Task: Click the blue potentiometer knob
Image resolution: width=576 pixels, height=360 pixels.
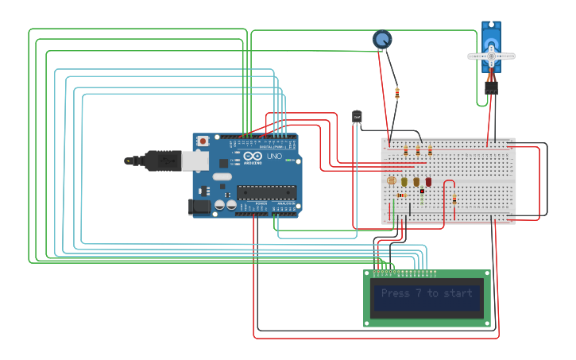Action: (x=382, y=39)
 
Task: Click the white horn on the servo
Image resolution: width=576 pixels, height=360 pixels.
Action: (x=491, y=56)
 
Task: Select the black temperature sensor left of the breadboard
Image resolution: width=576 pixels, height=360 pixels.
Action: (x=357, y=117)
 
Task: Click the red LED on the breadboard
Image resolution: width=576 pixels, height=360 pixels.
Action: (x=428, y=182)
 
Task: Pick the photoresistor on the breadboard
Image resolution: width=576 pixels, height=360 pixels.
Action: (x=391, y=180)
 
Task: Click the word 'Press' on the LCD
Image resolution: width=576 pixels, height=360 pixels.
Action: (x=396, y=293)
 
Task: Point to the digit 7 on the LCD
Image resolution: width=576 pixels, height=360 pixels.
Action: (x=418, y=293)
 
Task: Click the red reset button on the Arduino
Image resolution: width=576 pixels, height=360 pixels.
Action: (x=203, y=141)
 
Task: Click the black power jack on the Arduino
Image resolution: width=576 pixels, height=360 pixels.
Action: (x=199, y=207)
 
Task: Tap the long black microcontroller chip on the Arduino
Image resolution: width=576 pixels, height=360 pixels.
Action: (x=266, y=192)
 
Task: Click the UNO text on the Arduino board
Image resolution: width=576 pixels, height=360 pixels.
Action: (x=273, y=157)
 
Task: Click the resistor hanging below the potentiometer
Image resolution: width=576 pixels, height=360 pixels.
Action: (x=396, y=94)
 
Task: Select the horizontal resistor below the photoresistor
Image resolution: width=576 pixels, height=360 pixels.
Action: (x=401, y=195)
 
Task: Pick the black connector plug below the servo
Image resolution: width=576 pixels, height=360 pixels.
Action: (x=491, y=89)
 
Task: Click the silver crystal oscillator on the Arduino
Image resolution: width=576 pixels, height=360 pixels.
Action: (x=222, y=176)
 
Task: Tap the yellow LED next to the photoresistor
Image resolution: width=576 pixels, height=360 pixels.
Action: (x=404, y=182)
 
